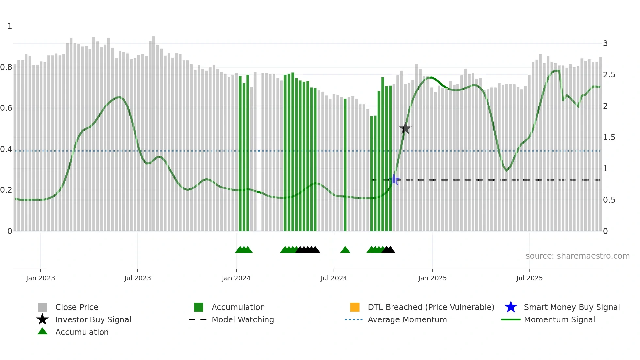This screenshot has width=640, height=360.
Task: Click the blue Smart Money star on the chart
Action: pyautogui.click(x=394, y=180)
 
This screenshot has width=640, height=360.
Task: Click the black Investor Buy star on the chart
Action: pyautogui.click(x=405, y=128)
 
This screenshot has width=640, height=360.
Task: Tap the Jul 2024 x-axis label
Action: pyautogui.click(x=334, y=278)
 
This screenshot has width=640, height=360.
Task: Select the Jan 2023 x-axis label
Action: pyautogui.click(x=40, y=278)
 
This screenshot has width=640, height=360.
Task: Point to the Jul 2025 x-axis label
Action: pyautogui.click(x=529, y=278)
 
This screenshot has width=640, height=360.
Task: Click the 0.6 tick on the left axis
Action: pyautogui.click(x=6, y=108)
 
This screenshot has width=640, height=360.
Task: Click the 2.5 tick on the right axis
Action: pyautogui.click(x=609, y=75)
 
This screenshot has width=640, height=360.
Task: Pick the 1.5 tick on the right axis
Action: pyautogui.click(x=609, y=138)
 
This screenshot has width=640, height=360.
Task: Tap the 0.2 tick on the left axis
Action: pyautogui.click(x=6, y=190)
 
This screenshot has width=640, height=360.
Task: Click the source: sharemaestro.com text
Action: pyautogui.click(x=577, y=256)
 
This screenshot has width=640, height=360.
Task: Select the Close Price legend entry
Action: pyautogui.click(x=77, y=307)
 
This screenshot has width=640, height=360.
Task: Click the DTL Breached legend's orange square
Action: pyautogui.click(x=355, y=307)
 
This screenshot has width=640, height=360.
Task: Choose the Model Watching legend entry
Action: pyautogui.click(x=243, y=319)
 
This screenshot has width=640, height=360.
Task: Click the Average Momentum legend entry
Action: pyautogui.click(x=407, y=319)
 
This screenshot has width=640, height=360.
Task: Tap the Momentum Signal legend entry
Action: pyautogui.click(x=559, y=319)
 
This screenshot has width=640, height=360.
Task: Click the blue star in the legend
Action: pyautogui.click(x=511, y=307)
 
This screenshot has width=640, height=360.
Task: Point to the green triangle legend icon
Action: pyautogui.click(x=42, y=331)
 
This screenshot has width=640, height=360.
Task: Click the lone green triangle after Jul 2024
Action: pyautogui.click(x=345, y=250)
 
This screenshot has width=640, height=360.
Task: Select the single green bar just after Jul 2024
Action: pyautogui.click(x=345, y=163)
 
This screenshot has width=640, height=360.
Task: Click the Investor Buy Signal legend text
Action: pyautogui.click(x=93, y=319)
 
